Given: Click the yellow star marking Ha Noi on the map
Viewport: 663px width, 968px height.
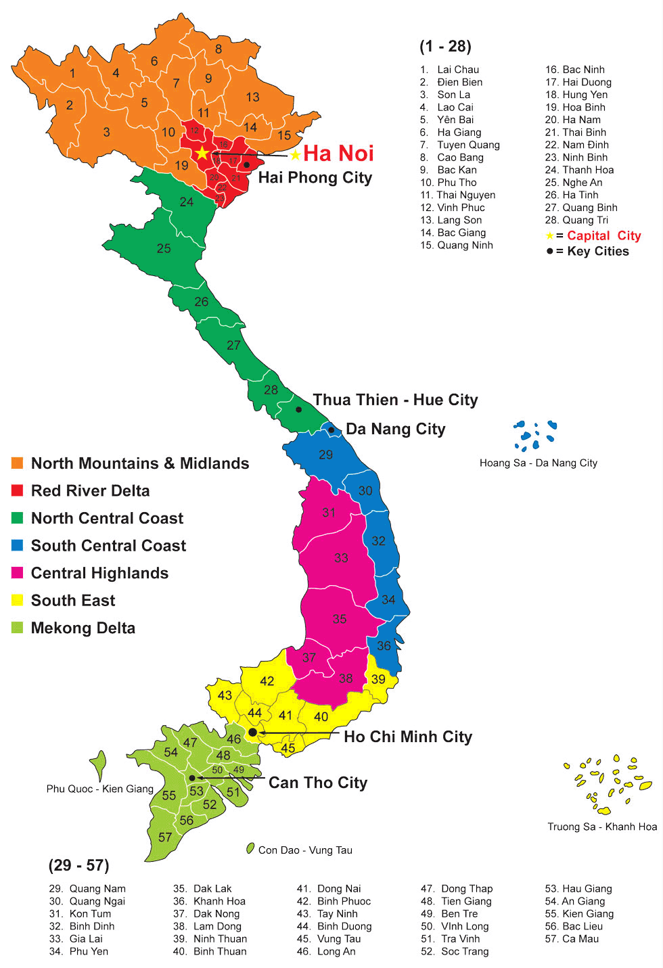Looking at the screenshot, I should pos(202,153).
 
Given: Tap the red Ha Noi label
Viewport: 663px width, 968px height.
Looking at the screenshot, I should pos(338,154).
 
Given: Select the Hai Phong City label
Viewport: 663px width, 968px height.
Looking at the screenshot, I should pos(315,178).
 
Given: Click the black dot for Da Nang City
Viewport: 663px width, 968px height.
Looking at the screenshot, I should pos(331,430).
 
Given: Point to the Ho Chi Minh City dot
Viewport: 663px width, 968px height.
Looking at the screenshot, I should pos(252,732).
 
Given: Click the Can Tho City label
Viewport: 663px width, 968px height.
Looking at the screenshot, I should pos(318,783).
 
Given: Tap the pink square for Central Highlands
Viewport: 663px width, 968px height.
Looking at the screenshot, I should pos(18,573).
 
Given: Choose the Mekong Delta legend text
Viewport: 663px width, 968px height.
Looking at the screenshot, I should pos(83,628).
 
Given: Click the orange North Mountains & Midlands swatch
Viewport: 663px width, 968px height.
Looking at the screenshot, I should pos(18,463).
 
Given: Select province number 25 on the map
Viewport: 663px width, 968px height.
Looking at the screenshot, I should pos(164,249).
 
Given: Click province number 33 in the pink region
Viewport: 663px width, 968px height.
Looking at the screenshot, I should pos(341,558).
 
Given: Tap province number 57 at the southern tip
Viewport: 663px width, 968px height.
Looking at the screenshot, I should pos(165,837).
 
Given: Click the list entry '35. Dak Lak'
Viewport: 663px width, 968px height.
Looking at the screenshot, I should pos(202,888).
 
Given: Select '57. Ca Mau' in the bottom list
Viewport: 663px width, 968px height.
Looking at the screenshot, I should pos(572,938).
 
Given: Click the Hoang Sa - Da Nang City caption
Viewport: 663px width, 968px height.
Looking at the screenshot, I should pos(539,463).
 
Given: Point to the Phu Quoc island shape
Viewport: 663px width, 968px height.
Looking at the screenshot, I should pos(99,764).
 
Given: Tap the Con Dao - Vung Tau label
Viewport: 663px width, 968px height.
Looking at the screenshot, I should pos(305,850).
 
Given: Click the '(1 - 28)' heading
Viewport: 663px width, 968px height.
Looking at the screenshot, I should pos(445,46).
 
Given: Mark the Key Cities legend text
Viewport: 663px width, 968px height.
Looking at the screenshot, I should pos(598,252).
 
